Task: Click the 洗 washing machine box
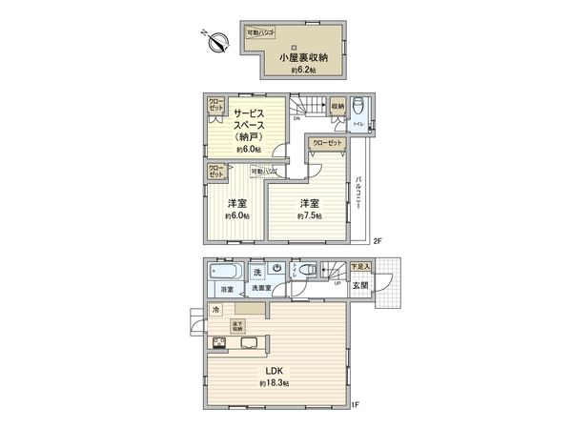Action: (257, 269)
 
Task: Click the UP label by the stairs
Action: (337, 283)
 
